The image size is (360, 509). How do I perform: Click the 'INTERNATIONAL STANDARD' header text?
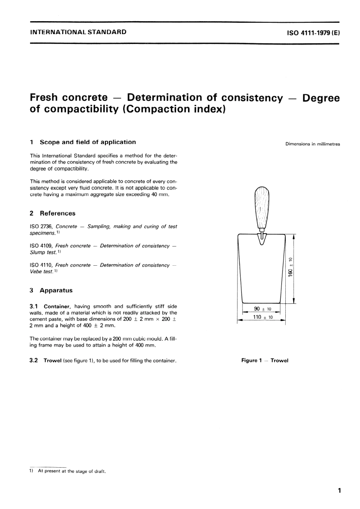[78, 32]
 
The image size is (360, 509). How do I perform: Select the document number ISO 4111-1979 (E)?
[313, 33]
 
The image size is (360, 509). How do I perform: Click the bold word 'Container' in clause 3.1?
[57, 307]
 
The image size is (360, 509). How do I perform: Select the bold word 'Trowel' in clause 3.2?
[52, 361]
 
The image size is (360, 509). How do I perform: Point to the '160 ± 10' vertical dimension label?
[291, 268]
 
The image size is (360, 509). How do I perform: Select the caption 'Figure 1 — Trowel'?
[265, 361]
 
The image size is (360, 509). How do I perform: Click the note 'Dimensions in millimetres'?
[313, 144]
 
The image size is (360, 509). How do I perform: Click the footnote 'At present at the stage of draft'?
[72, 471]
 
